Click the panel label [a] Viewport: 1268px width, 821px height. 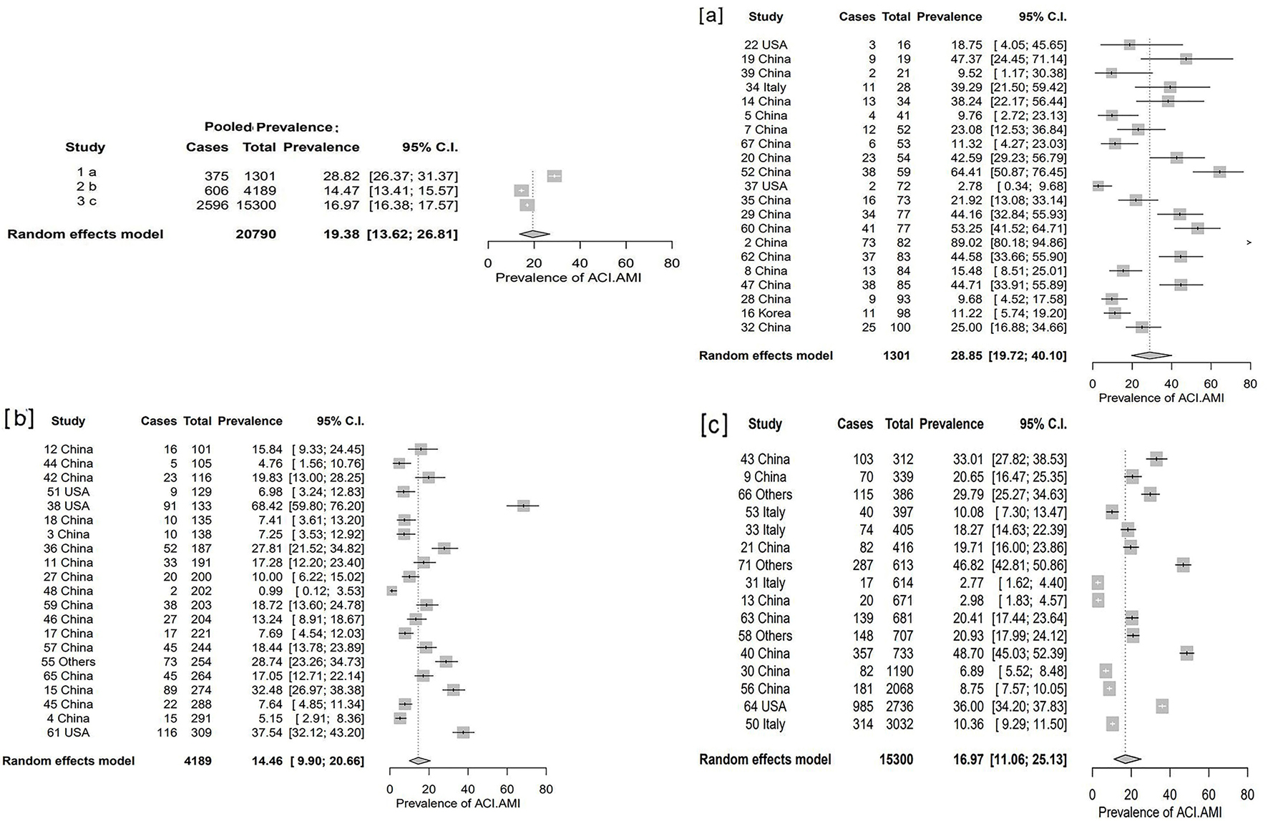pyautogui.click(x=711, y=15)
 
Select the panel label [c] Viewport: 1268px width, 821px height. pyautogui.click(x=713, y=425)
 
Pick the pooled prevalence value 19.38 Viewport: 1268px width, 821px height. pyautogui.click(x=341, y=234)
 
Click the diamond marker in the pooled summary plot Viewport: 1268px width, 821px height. pyautogui.click(x=535, y=234)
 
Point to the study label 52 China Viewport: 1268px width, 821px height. pyautogui.click(x=766, y=172)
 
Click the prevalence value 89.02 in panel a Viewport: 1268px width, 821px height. pyautogui.click(x=967, y=242)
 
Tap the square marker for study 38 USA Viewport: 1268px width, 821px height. pyautogui.click(x=523, y=506)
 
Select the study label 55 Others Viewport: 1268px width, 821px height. pyautogui.click(x=68, y=662)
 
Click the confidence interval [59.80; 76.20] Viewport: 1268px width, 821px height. pyautogui.click(x=327, y=506)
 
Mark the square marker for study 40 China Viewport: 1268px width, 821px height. pyautogui.click(x=1186, y=653)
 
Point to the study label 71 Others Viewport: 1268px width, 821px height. pyautogui.click(x=765, y=565)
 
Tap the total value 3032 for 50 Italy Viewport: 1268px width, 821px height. pyautogui.click(x=898, y=724)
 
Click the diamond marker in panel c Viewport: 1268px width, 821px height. pyautogui.click(x=1127, y=759)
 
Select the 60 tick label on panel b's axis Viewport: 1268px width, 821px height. pyautogui.click(x=507, y=790)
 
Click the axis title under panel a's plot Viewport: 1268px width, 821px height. pyautogui.click(x=1161, y=398)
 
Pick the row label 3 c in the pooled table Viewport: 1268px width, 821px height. pyautogui.click(x=87, y=201)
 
